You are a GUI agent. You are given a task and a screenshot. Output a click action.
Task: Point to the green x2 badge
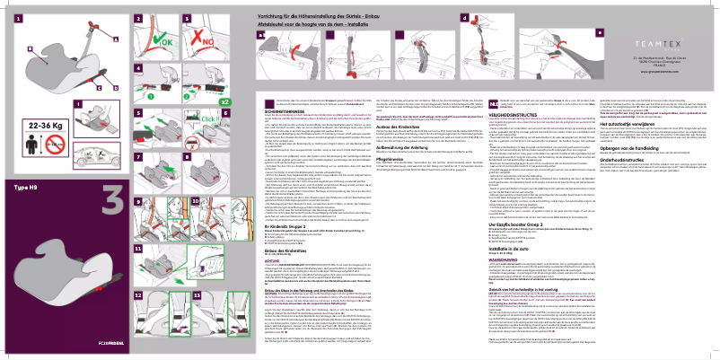click(224, 102)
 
